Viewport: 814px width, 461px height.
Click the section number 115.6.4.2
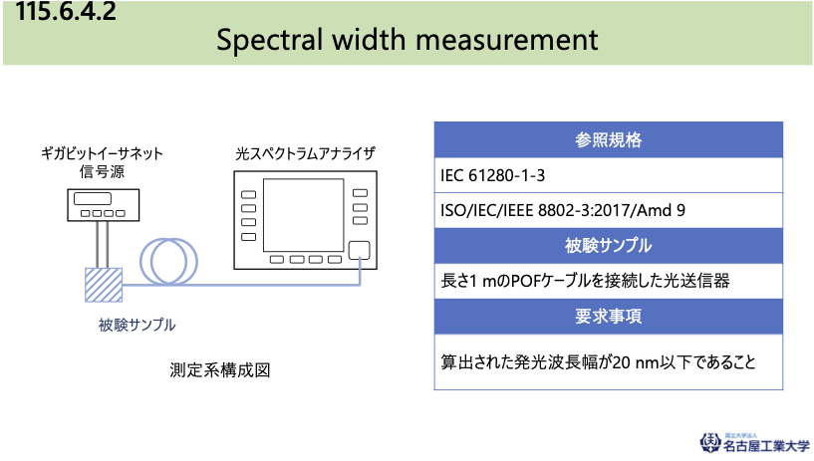(66, 11)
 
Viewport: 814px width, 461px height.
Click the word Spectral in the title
(269, 40)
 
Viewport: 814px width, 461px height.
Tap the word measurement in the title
(507, 40)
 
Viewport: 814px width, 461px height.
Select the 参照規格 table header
(609, 140)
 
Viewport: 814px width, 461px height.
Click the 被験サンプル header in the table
(609, 246)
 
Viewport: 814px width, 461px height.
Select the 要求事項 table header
(609, 317)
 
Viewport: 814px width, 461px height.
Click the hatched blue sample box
(104, 285)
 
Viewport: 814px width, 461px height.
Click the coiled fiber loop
(168, 261)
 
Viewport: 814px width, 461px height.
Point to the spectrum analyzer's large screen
(304, 215)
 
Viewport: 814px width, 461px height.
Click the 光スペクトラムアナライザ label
(305, 154)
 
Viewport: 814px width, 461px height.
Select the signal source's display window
(93, 198)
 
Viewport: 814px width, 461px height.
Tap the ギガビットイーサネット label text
(103, 154)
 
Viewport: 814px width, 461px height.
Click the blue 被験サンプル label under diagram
(137, 326)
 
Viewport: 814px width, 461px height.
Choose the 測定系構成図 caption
(220, 370)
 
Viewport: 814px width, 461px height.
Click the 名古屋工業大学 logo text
(766, 445)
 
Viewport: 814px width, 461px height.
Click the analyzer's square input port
(360, 251)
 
